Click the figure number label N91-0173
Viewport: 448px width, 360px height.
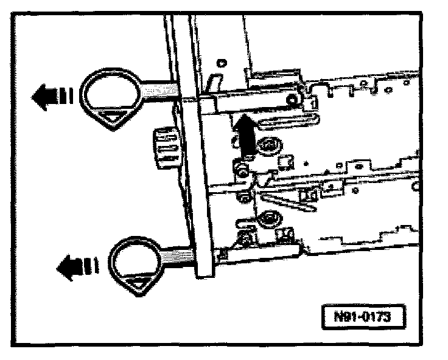(x=363, y=317)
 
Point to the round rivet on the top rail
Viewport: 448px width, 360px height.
(x=293, y=98)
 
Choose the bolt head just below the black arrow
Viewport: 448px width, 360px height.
(x=242, y=168)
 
